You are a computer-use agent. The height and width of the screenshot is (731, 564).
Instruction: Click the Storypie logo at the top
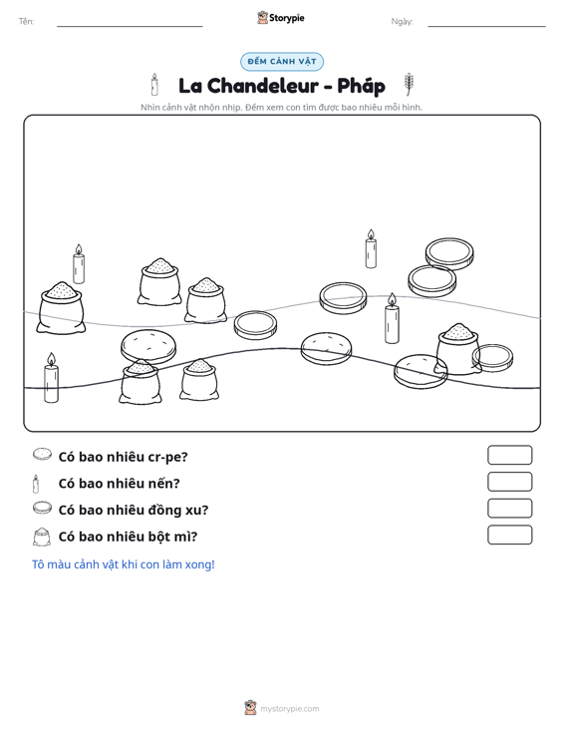tap(281, 18)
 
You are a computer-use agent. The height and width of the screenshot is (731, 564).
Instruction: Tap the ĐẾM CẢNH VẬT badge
tap(282, 62)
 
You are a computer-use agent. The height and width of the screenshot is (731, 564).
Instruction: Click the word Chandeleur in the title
tap(263, 86)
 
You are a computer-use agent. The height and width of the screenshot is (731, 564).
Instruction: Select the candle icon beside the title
tap(154, 85)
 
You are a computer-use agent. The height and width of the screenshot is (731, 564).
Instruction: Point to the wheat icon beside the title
tap(409, 85)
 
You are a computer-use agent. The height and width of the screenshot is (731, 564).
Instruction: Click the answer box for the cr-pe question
tap(509, 455)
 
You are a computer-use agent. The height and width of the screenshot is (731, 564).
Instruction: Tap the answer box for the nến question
tap(509, 482)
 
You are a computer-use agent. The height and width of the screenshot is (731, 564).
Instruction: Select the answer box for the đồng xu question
tap(509, 509)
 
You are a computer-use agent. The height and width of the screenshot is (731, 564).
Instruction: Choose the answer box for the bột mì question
tap(509, 535)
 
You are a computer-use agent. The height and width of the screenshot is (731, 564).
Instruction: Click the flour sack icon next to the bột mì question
tap(42, 537)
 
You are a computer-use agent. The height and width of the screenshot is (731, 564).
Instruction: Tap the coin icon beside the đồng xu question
tap(42, 508)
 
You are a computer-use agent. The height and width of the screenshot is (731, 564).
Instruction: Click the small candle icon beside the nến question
tap(36, 484)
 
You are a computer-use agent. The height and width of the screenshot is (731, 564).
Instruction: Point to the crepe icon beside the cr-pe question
tap(42, 454)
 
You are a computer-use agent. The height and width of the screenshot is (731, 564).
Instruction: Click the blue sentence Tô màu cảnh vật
tap(123, 564)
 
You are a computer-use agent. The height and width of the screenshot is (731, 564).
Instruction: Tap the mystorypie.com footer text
tap(289, 709)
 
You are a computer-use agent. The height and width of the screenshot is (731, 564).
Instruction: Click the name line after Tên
tap(130, 26)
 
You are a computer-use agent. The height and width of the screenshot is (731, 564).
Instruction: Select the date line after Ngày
tap(486, 26)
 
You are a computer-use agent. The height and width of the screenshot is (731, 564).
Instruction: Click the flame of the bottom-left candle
tap(51, 358)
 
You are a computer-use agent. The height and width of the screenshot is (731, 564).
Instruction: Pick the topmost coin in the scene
tap(449, 253)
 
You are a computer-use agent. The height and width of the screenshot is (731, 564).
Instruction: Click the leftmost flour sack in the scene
tap(61, 308)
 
